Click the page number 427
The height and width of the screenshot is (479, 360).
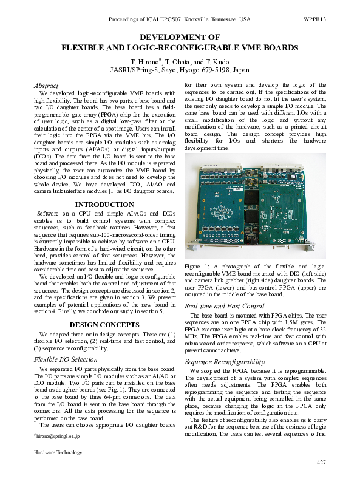pyautogui.click(x=321, y=463)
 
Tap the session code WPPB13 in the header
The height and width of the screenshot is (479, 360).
pyautogui.click(x=314, y=19)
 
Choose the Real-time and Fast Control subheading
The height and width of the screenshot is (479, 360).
pyautogui.click(x=224, y=306)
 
